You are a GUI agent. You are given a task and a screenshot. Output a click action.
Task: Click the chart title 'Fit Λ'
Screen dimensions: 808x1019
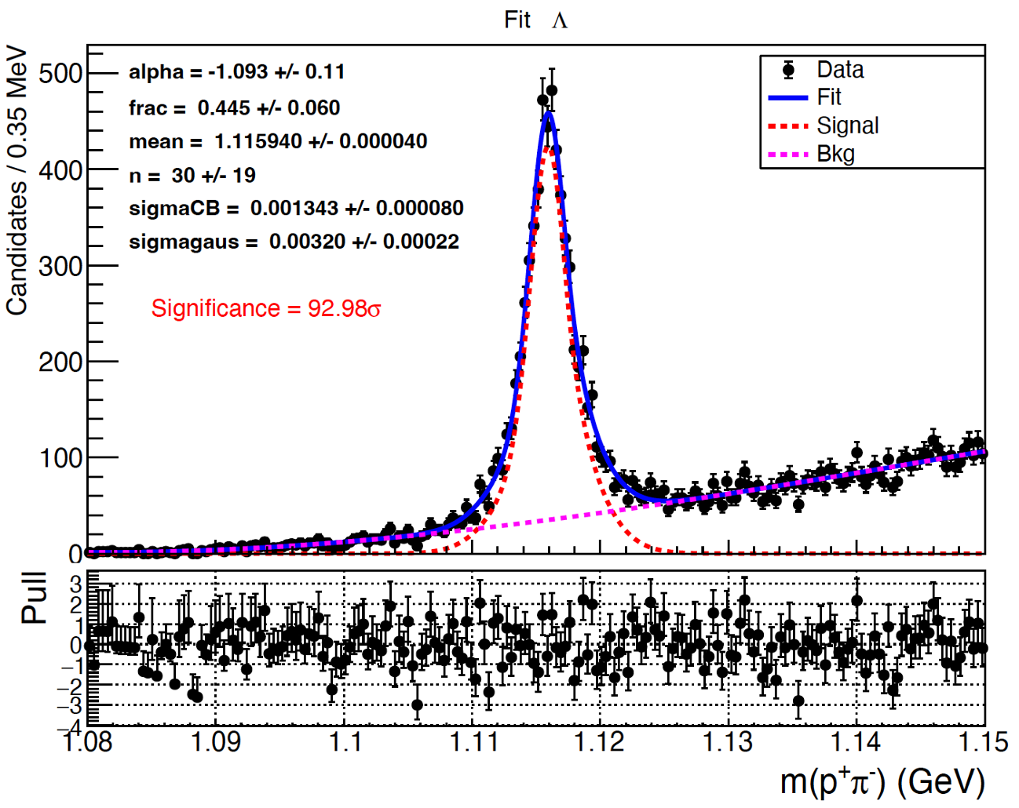535,20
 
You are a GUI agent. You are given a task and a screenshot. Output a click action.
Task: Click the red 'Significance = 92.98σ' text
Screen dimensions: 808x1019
266,308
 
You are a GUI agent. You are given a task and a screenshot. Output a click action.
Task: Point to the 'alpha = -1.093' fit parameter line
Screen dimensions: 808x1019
237,72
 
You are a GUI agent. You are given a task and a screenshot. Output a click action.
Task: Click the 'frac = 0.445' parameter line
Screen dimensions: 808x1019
235,107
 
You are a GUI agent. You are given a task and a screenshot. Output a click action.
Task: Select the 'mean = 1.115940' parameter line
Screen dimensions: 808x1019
278,141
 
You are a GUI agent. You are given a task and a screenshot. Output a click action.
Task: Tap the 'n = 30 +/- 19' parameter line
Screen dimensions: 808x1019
192,175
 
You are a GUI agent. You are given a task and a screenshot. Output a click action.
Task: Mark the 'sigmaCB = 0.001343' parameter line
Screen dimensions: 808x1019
296,208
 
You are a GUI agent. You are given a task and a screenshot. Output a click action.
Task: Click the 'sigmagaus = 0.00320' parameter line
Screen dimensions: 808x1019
294,242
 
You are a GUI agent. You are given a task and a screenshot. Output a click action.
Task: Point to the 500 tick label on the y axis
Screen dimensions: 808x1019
60,74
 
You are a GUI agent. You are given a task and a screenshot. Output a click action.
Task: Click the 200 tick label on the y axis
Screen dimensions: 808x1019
60,362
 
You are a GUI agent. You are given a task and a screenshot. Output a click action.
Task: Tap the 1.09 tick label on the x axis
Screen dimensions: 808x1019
215,741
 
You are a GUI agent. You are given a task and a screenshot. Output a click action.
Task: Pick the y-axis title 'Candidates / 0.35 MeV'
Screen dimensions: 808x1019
17,180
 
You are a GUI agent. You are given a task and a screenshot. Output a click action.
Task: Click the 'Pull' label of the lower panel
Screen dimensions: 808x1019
35,598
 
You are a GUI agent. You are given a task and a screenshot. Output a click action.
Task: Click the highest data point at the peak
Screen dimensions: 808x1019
551,90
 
